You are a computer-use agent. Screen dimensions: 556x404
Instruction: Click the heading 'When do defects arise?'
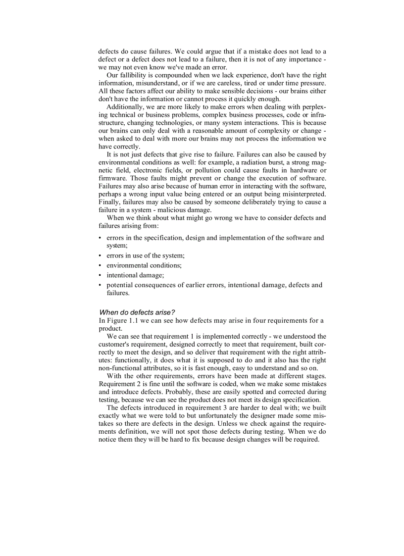point(134,312)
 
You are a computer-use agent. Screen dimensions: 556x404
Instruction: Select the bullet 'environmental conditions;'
point(144,265)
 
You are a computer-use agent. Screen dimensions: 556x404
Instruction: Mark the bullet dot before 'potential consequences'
point(101,285)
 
